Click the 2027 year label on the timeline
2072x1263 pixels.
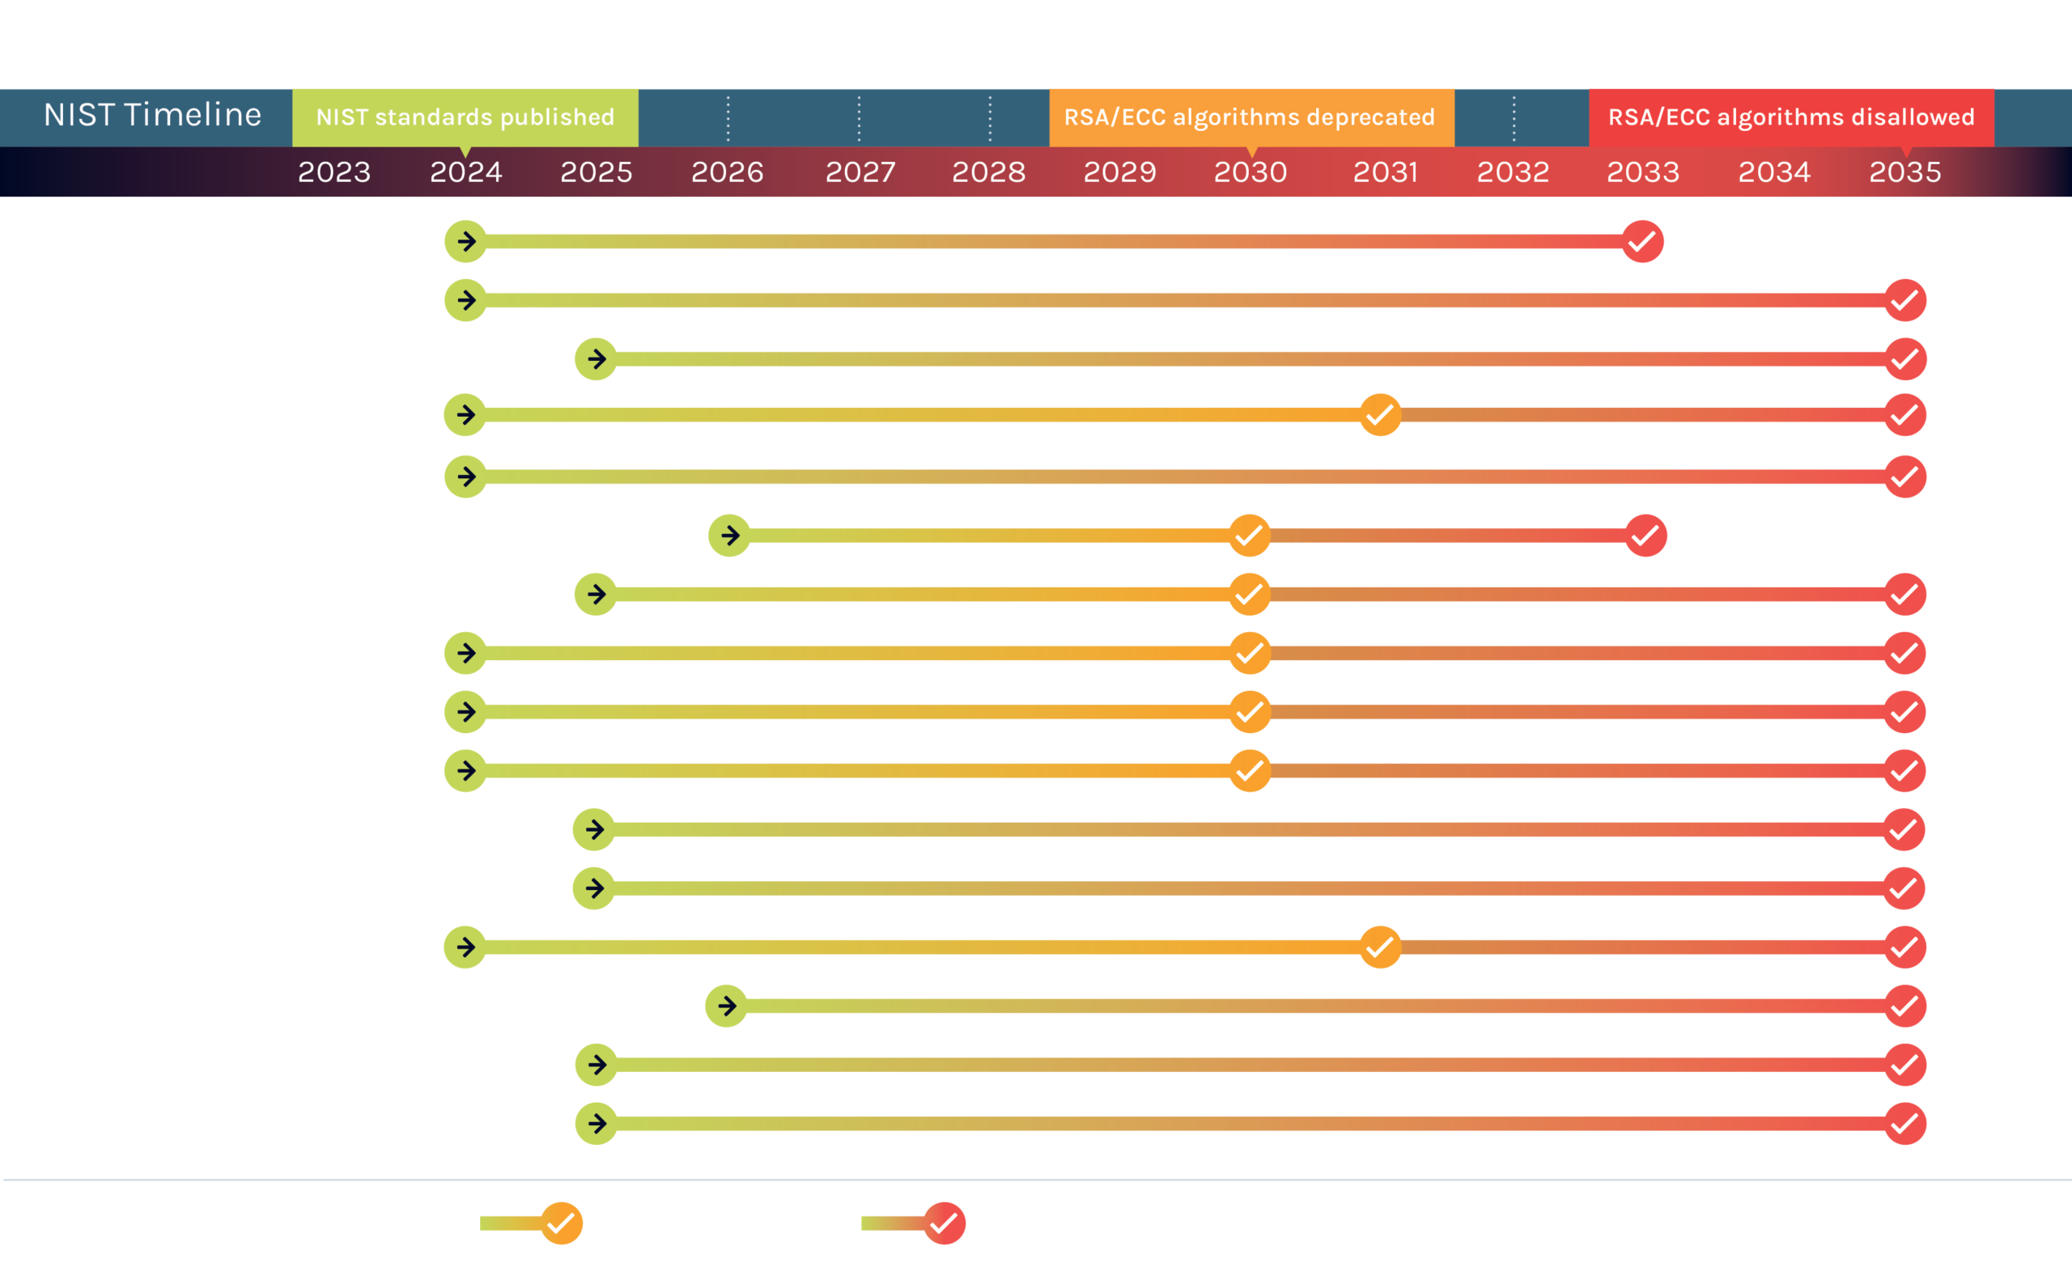[x=860, y=172]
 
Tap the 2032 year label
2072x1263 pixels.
[x=1513, y=172]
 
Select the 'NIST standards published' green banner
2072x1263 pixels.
[x=465, y=117]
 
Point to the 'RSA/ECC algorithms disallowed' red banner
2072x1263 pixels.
[x=1791, y=117]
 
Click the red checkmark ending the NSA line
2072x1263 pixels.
[x=1641, y=241]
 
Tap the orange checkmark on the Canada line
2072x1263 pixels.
[x=1380, y=414]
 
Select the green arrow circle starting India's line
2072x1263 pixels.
[x=729, y=535]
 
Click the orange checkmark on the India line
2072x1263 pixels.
[x=1249, y=535]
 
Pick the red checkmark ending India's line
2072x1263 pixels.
[x=1645, y=535]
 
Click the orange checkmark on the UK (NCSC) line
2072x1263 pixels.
[x=1380, y=947]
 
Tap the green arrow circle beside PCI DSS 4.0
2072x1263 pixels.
[x=727, y=1006]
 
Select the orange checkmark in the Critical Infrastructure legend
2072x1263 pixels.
[x=561, y=1223]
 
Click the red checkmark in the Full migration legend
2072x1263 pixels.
[x=944, y=1223]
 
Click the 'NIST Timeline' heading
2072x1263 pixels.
[x=152, y=115]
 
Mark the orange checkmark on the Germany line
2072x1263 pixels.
[x=1249, y=711]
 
